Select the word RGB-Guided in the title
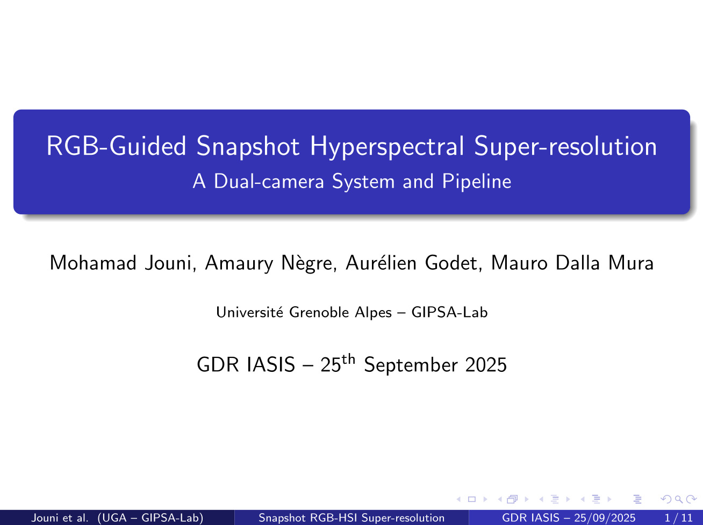117,147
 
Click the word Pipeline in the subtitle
476,182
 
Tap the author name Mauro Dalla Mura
572,263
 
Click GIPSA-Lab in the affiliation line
449,312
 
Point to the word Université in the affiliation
250,312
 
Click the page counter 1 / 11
679,518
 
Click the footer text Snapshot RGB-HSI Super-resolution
351,518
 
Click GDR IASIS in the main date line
246,365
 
